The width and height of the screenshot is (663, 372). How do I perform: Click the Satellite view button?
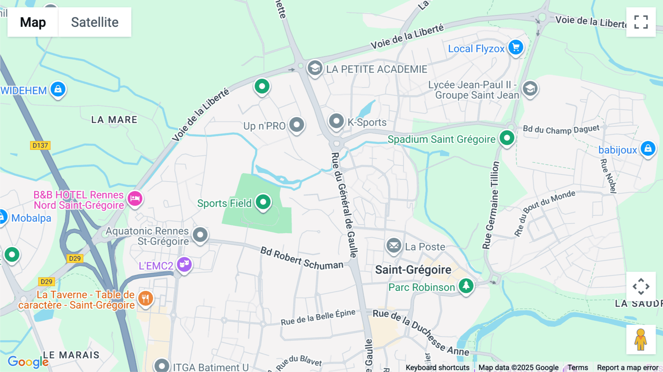95,22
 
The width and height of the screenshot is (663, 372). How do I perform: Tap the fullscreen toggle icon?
641,22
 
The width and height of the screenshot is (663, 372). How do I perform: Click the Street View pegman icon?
641,339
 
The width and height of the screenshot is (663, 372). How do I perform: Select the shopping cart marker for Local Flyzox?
516,48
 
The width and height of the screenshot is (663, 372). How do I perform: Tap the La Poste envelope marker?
394,245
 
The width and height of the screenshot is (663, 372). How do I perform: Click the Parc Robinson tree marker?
466,286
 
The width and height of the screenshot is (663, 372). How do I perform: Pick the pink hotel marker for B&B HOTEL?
135,199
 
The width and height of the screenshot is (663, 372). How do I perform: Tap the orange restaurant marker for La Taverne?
145,298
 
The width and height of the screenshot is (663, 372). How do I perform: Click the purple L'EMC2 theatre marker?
184,264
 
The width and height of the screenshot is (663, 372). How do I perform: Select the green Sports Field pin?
263,202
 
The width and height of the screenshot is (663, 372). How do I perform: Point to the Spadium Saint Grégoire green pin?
507,138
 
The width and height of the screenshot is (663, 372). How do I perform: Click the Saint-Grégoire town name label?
413,270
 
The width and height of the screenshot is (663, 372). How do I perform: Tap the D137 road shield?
40,145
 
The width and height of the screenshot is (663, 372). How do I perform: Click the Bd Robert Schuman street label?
302,259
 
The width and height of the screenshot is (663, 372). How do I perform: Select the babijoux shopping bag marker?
648,149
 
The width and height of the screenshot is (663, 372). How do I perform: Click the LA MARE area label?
114,120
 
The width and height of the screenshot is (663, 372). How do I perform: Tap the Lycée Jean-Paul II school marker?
530,89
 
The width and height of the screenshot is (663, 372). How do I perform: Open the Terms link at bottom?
578,367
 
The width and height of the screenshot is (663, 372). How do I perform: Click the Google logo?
28,362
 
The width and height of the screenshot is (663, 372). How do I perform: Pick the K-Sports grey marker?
336,121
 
